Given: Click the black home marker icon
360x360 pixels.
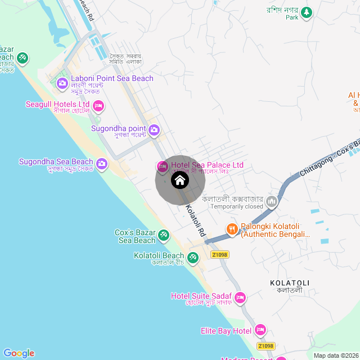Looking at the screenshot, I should point(179,180).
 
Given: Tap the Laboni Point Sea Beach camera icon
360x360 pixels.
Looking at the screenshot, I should point(62,84).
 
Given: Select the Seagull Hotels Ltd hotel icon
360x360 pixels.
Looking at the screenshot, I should point(98,105).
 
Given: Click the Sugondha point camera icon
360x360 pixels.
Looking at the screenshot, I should point(154,130).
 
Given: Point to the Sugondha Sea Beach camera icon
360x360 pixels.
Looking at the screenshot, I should point(101,164).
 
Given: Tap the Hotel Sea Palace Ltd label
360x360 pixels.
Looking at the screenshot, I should point(207,165).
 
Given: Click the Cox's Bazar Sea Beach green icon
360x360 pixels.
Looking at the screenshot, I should point(164,235).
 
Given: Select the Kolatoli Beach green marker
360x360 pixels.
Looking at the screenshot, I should point(193,257).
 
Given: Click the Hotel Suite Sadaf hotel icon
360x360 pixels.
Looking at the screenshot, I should point(240,297).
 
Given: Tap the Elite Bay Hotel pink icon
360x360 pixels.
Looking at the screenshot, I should point(260,330).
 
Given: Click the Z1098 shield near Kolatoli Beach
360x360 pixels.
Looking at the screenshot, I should point(219,255).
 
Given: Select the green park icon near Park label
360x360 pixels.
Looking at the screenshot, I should point(306,12).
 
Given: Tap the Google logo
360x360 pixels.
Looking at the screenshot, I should point(19,353).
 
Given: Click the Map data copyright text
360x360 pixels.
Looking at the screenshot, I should point(335,355).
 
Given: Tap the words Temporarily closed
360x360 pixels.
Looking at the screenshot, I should point(237,206).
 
